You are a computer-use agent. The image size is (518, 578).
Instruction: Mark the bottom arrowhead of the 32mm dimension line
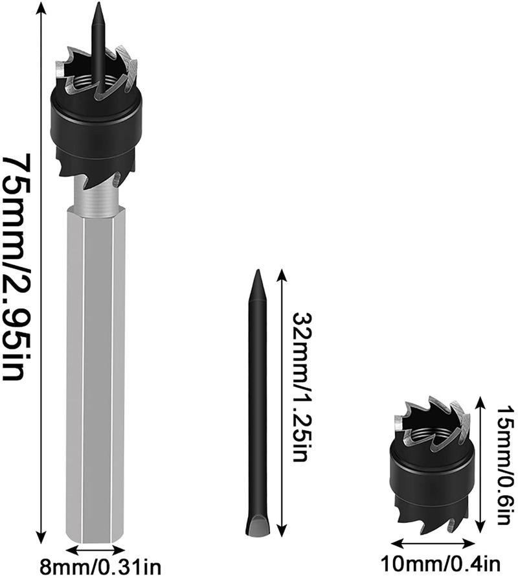point(280,529)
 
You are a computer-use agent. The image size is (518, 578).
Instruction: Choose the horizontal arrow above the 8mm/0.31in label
point(96,550)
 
